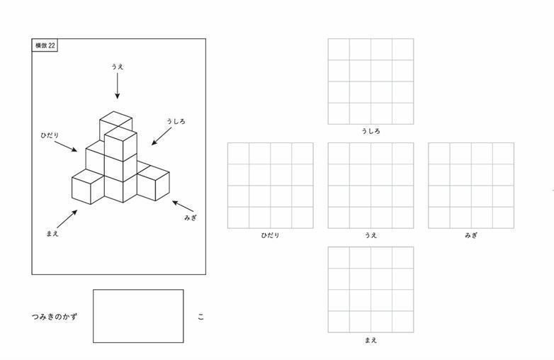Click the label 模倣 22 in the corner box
(x=45, y=45)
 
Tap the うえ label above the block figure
(x=118, y=67)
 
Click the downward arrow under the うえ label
(x=118, y=86)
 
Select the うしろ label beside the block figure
(x=176, y=121)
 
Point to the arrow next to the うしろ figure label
(x=162, y=136)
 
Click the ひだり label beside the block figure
(x=50, y=135)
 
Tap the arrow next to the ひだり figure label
(x=66, y=147)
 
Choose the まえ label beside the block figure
(x=52, y=233)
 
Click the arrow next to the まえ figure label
(x=67, y=219)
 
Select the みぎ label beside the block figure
(x=190, y=218)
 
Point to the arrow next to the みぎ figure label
(x=183, y=206)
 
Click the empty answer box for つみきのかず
(x=138, y=316)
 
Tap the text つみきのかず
(x=55, y=317)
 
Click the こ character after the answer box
(x=200, y=317)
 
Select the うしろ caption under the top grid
(x=371, y=131)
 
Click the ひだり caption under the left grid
(x=271, y=235)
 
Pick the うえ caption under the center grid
(x=371, y=235)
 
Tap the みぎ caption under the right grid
(x=471, y=235)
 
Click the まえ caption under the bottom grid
(x=371, y=340)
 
